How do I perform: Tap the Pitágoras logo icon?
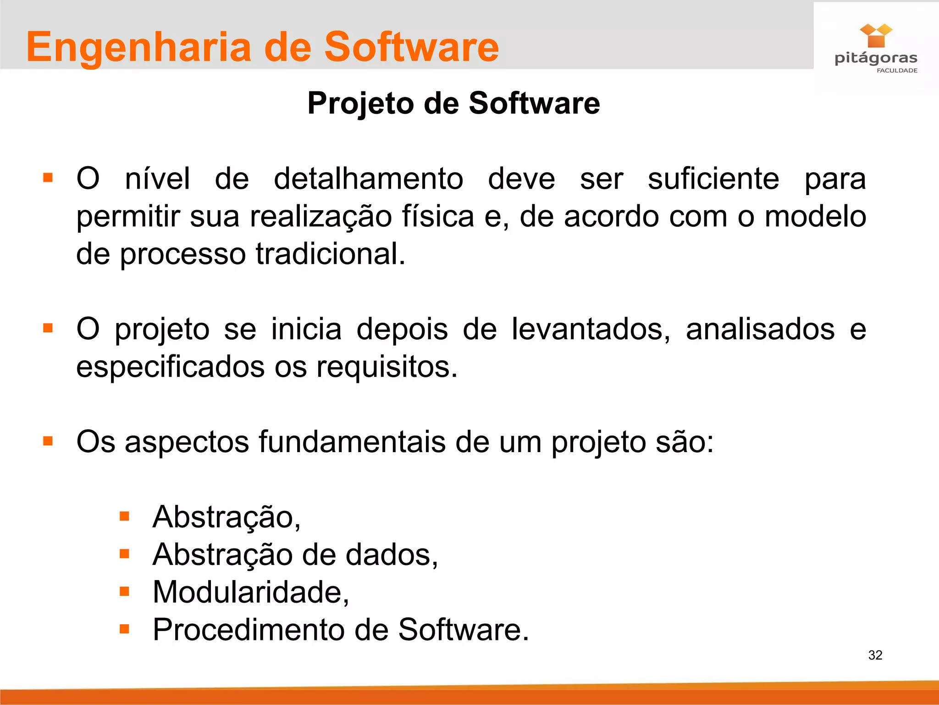876,36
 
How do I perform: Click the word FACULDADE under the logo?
897,71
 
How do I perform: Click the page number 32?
875,655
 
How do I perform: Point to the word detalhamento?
368,179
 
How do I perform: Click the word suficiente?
713,179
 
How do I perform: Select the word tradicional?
330,254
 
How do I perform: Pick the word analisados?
760,329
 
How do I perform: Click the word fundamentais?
352,442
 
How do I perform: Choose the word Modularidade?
250,592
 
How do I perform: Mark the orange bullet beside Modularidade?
124,591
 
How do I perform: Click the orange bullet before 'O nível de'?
48,178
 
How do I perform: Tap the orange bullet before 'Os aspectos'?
48,441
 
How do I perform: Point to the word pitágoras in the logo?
876,59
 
